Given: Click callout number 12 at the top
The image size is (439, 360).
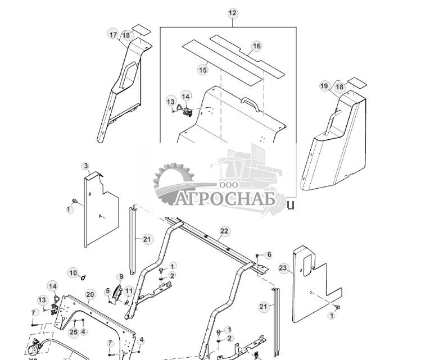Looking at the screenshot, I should (233, 13).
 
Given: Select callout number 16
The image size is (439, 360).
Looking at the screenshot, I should (256, 47).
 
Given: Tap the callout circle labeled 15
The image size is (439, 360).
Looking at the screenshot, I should (202, 70).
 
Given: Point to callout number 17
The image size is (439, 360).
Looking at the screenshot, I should (113, 34).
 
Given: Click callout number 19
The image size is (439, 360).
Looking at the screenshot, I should (324, 86).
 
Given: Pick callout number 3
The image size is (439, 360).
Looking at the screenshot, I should (85, 166).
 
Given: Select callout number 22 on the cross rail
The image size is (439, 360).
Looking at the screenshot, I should (224, 231).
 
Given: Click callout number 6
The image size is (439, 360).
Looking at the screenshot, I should (269, 255).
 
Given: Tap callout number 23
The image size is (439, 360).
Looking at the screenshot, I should (283, 268).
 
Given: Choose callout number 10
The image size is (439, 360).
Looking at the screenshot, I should (73, 273).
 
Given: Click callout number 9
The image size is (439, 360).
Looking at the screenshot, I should (120, 277).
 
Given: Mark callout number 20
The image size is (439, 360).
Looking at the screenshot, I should (90, 294).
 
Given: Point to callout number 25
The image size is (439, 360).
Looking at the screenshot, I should (74, 332).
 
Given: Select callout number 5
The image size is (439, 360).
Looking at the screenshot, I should (107, 291).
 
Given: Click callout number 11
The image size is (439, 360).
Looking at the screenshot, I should (129, 291).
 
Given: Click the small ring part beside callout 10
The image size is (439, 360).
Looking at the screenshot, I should (84, 277).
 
